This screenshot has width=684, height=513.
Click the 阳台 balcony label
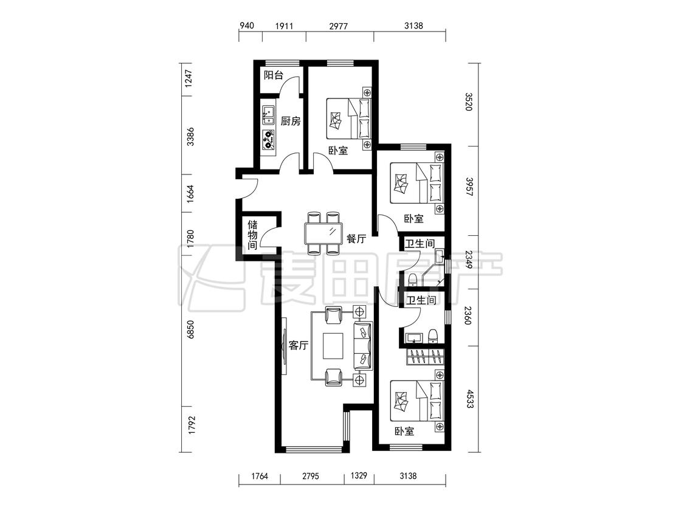click(274, 75)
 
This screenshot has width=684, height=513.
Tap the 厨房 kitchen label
click(291, 121)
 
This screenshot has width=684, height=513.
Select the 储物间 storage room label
click(252, 235)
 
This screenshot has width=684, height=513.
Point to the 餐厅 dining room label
click(356, 239)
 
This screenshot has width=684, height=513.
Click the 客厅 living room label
click(299, 345)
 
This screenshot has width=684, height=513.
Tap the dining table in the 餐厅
click(323, 233)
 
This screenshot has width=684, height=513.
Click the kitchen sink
click(268, 115)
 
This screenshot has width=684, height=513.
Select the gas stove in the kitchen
click(268, 139)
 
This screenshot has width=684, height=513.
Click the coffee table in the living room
click(333, 346)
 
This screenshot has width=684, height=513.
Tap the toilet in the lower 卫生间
click(433, 336)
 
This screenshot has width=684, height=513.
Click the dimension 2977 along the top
click(339, 26)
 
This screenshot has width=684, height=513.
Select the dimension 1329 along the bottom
click(359, 475)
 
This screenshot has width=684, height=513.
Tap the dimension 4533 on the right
click(469, 399)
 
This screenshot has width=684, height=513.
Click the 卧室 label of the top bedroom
click(339, 151)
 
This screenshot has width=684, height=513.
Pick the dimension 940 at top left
click(246, 26)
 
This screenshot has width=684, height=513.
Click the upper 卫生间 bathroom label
click(420, 243)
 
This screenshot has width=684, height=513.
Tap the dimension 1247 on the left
click(189, 79)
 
